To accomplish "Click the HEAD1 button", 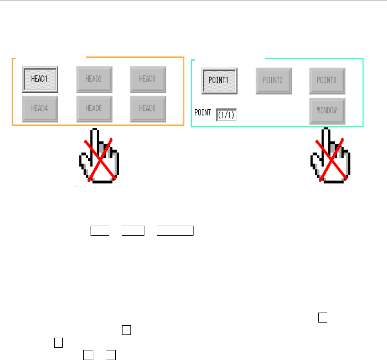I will pos(40,79).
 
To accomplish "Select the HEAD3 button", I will pos(148,79).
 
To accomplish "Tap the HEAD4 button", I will pos(40,108).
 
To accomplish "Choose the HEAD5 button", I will pos(94,108).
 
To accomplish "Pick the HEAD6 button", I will pos(148,108).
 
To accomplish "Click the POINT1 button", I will pos(219,80).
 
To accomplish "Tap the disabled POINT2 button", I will pos(273,80).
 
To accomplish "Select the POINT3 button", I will pos(327,80).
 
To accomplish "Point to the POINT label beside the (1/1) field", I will pos(203,112).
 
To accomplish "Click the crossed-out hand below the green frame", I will pos(330,157).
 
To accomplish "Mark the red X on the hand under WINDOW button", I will pos(331,159).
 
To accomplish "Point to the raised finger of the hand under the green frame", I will pos(326,138).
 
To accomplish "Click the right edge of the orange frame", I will pos(184,92).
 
